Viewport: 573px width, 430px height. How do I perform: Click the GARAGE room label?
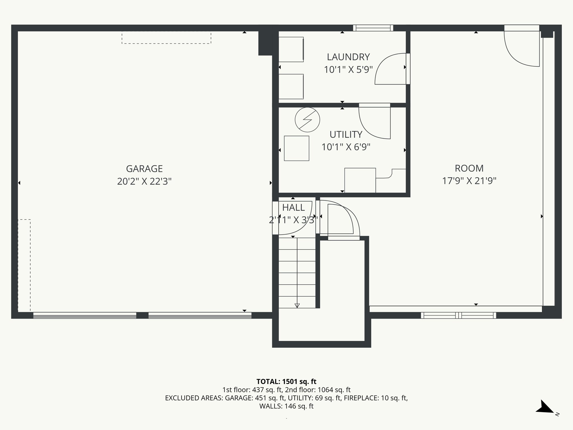pyautogui.click(x=144, y=169)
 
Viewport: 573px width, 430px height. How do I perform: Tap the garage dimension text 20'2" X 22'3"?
pyautogui.click(x=144, y=181)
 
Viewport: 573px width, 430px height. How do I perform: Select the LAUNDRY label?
pyautogui.click(x=348, y=57)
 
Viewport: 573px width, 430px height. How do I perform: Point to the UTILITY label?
pyautogui.click(x=346, y=135)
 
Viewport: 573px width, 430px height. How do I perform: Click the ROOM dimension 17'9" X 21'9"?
pyautogui.click(x=469, y=181)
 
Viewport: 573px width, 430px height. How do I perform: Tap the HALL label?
pyautogui.click(x=293, y=207)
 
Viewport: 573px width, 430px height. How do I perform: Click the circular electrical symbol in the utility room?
pyautogui.click(x=307, y=120)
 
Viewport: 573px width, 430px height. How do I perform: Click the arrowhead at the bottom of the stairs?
pyautogui.click(x=297, y=305)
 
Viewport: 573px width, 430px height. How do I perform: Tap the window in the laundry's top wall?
pyautogui.click(x=373, y=28)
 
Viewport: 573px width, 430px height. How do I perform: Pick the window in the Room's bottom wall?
pyautogui.click(x=458, y=316)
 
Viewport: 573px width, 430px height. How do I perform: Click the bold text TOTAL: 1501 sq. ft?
pyautogui.click(x=286, y=382)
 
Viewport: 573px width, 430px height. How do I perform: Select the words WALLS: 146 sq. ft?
pyautogui.click(x=286, y=406)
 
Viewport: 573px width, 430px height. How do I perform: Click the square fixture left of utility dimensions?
pyautogui.click(x=297, y=148)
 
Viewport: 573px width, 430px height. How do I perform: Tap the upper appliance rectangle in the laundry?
pyautogui.click(x=291, y=50)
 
